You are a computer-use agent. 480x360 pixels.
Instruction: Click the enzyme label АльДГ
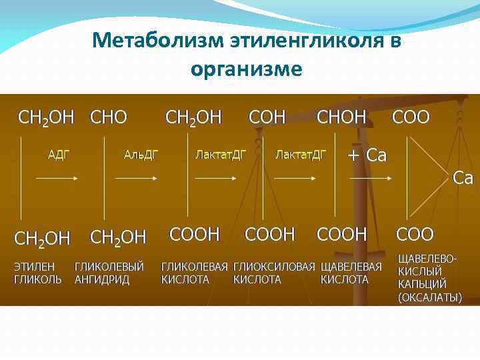pos(141,155)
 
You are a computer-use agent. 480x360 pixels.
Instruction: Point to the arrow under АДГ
pos(58,178)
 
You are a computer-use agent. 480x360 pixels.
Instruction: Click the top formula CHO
pos(108,118)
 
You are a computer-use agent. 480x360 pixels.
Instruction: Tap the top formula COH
pos(267,118)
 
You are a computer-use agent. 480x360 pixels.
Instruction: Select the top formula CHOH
pos(341,118)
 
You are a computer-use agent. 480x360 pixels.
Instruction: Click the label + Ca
pos(367,156)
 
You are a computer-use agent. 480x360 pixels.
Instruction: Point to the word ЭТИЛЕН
pos(34,267)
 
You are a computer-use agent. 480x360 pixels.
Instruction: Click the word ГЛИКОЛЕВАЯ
pos(195,267)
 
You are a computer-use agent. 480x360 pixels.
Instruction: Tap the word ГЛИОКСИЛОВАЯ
pos(274,267)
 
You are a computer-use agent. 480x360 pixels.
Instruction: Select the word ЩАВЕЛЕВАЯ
pos(351,267)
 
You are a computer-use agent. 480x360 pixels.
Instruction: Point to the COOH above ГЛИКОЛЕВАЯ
pos(195,234)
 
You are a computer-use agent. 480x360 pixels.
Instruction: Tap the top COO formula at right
pos(411,118)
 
